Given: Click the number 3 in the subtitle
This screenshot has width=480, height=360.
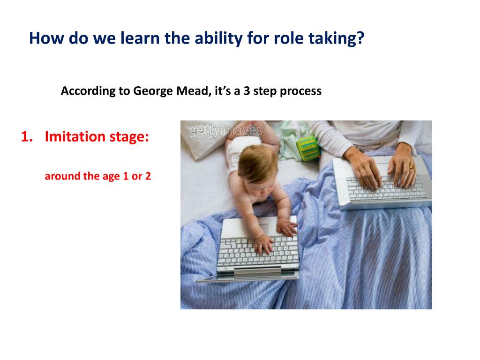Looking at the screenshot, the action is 247,91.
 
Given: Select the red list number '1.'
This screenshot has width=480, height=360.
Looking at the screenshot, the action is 27,136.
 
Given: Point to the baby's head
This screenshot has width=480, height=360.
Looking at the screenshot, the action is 256,165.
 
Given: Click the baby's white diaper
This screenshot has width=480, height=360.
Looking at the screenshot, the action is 242,150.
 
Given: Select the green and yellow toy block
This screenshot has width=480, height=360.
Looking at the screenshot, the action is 308,149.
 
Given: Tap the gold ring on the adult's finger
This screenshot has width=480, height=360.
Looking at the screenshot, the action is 412,167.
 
